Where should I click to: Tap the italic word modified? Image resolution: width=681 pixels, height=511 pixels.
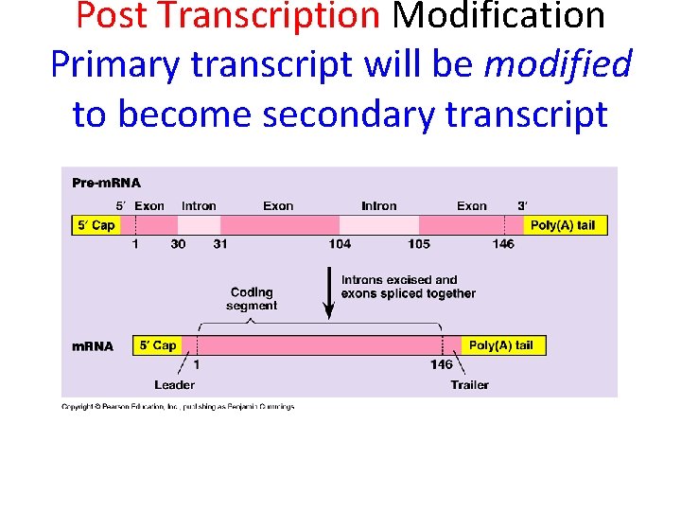click(x=557, y=64)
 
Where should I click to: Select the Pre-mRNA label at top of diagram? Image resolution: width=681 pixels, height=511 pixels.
click(x=106, y=183)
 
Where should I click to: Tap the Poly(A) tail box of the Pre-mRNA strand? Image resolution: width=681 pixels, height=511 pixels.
click(x=563, y=225)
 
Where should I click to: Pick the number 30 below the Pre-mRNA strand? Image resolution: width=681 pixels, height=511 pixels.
click(x=178, y=244)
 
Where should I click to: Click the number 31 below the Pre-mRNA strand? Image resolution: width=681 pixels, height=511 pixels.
click(x=218, y=244)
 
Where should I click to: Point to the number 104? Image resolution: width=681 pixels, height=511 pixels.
click(x=340, y=244)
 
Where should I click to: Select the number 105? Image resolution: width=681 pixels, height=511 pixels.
click(x=419, y=244)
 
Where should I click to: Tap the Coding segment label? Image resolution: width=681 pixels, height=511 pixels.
click(x=252, y=299)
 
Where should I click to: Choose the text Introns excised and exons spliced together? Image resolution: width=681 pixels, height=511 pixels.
click(x=408, y=287)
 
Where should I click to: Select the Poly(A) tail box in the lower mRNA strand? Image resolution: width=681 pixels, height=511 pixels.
click(x=501, y=345)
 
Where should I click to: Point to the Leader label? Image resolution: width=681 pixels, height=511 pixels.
click(x=174, y=384)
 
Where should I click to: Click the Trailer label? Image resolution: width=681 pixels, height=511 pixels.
click(x=469, y=384)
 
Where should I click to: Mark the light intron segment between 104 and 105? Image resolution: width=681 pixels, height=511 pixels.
click(x=378, y=225)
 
